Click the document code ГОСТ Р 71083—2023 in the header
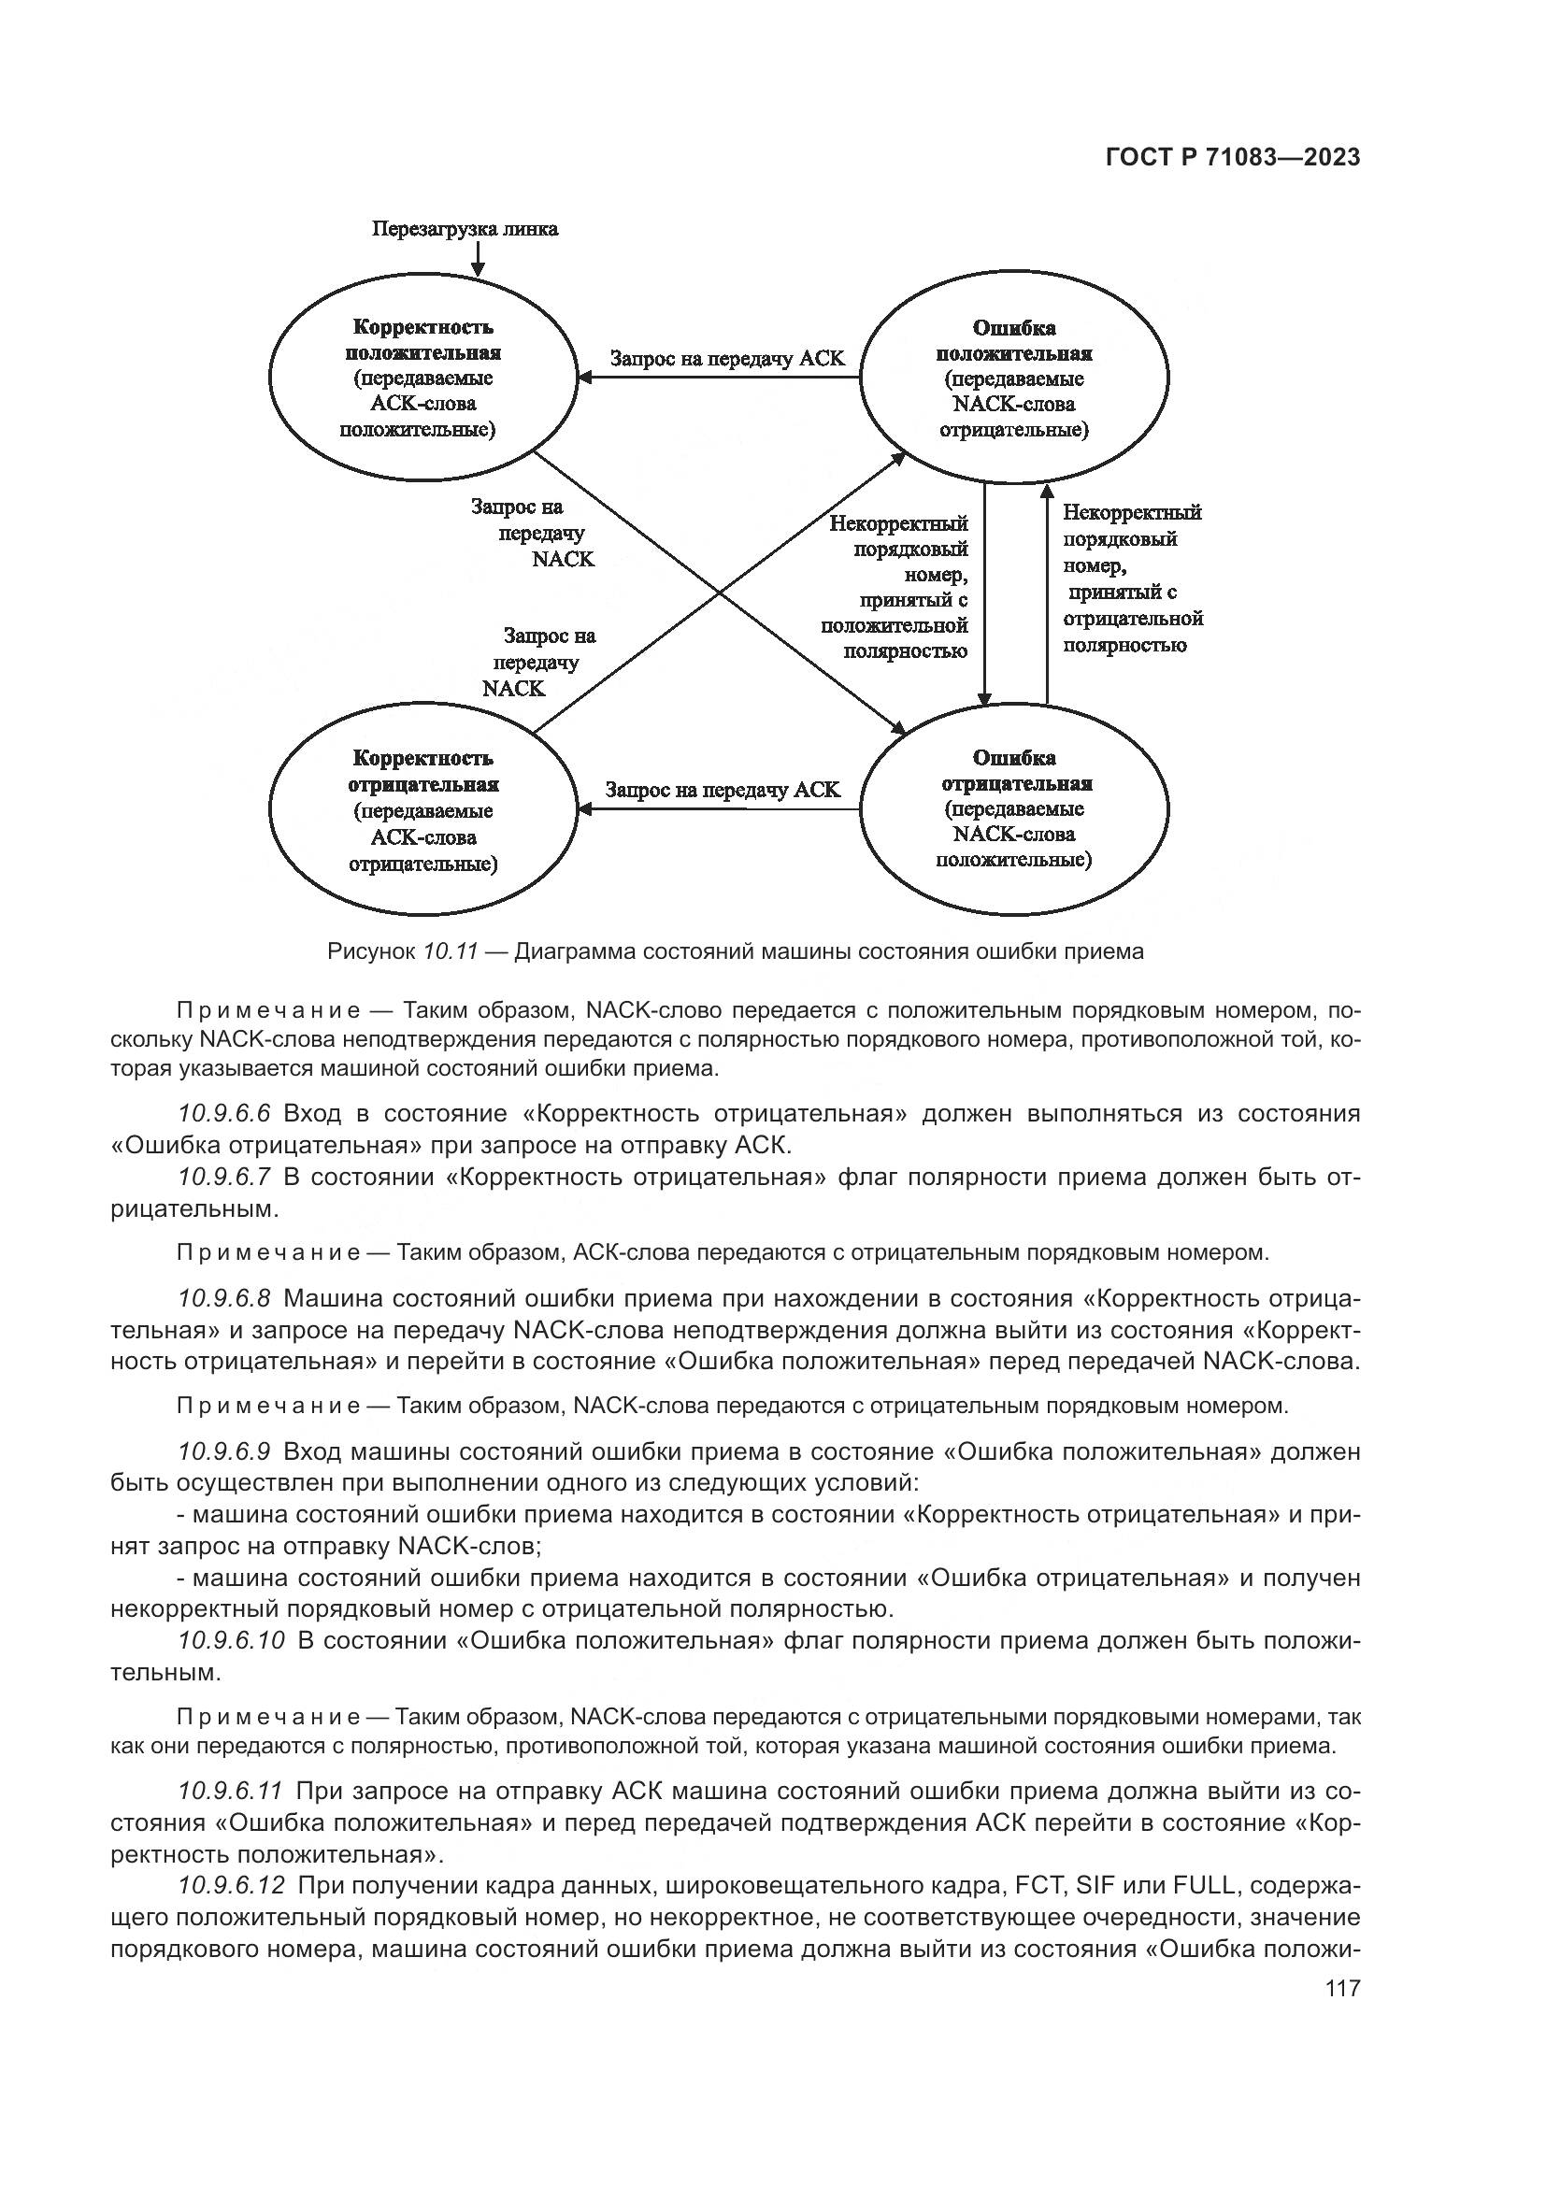click(1233, 158)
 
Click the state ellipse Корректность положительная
click(422, 378)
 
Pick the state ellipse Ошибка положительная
click(1014, 378)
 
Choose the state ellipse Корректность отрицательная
click(422, 810)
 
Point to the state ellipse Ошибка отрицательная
click(1014, 810)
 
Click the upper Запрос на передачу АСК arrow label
click(727, 359)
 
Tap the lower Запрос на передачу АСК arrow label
click(723, 791)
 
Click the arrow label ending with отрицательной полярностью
click(1132, 578)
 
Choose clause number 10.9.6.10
click(230, 1640)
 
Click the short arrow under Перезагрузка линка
click(479, 258)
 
